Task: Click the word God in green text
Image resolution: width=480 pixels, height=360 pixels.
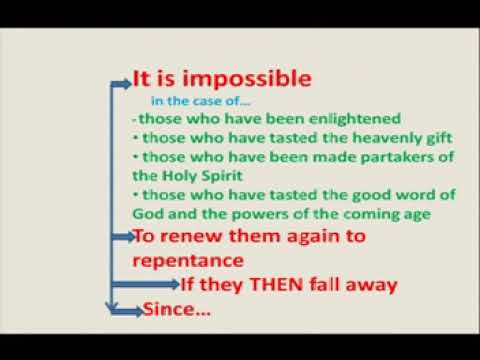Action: pos(146,213)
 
